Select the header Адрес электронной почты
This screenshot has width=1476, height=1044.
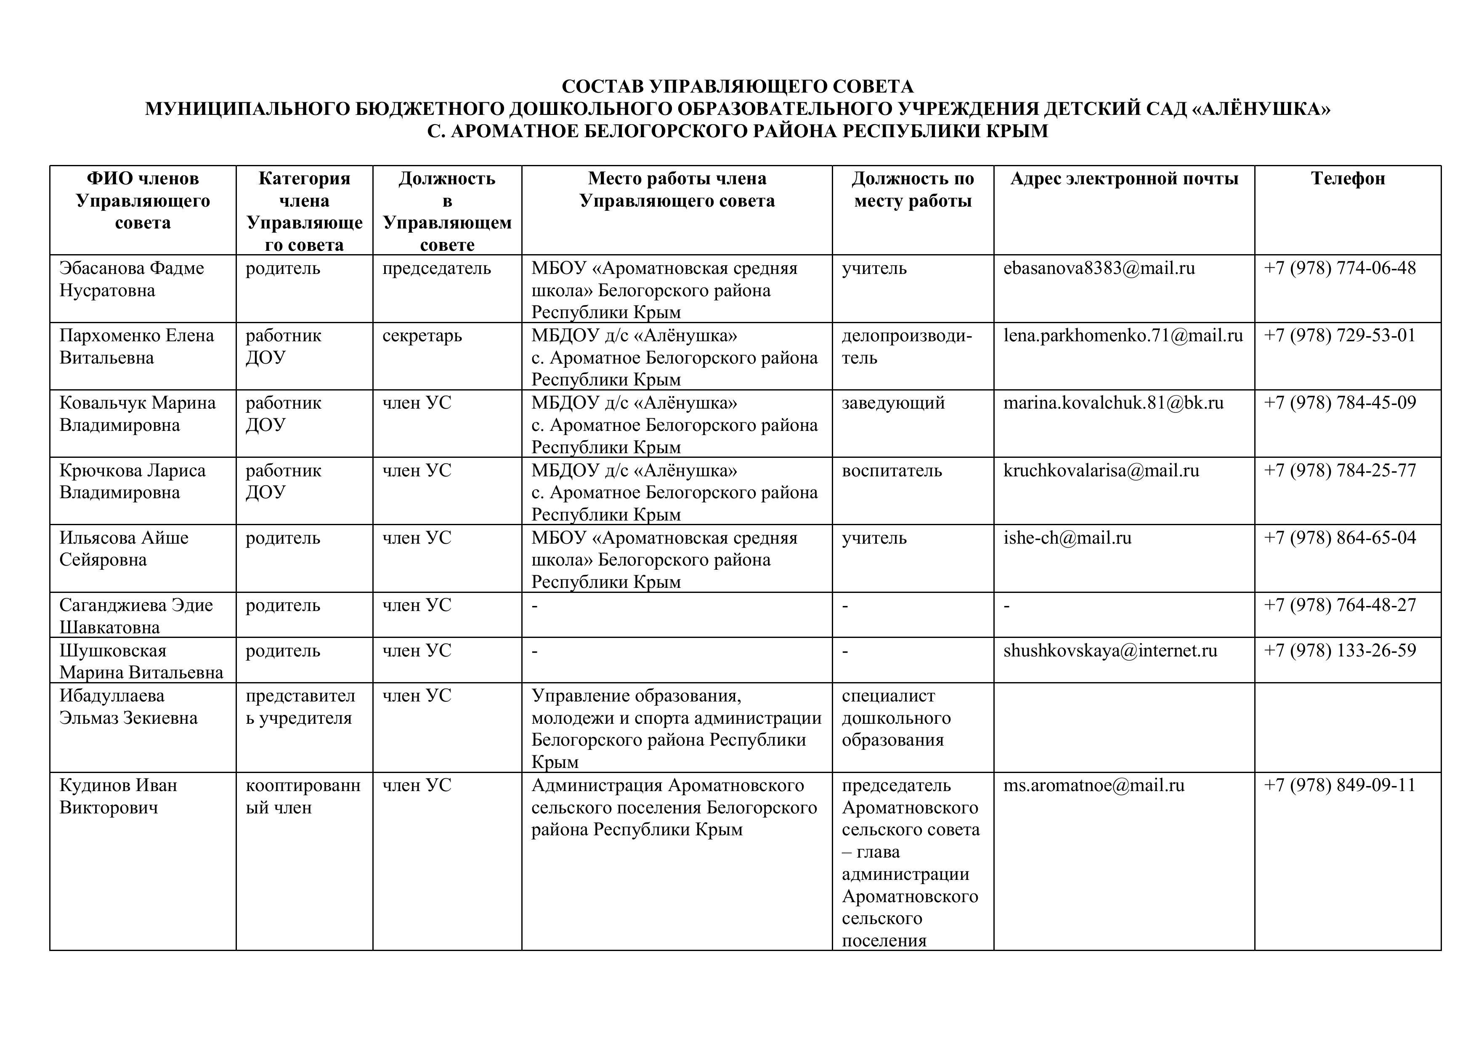click(1124, 179)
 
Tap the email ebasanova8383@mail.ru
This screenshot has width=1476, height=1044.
click(1099, 268)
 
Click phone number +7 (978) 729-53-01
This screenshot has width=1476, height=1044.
click(1340, 335)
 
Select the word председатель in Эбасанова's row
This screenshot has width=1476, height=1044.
click(436, 268)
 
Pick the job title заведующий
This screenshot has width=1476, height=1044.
click(893, 403)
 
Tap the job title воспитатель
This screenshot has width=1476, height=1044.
click(892, 470)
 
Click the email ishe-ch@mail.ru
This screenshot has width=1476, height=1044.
click(1067, 537)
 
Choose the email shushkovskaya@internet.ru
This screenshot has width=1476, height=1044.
click(1110, 651)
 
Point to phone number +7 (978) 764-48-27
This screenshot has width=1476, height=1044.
click(1340, 605)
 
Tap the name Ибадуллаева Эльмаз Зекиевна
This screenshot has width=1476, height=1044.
click(129, 707)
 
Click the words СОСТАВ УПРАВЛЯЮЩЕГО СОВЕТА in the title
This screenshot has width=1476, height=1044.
click(737, 87)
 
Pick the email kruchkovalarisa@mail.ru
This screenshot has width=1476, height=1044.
click(1101, 470)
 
